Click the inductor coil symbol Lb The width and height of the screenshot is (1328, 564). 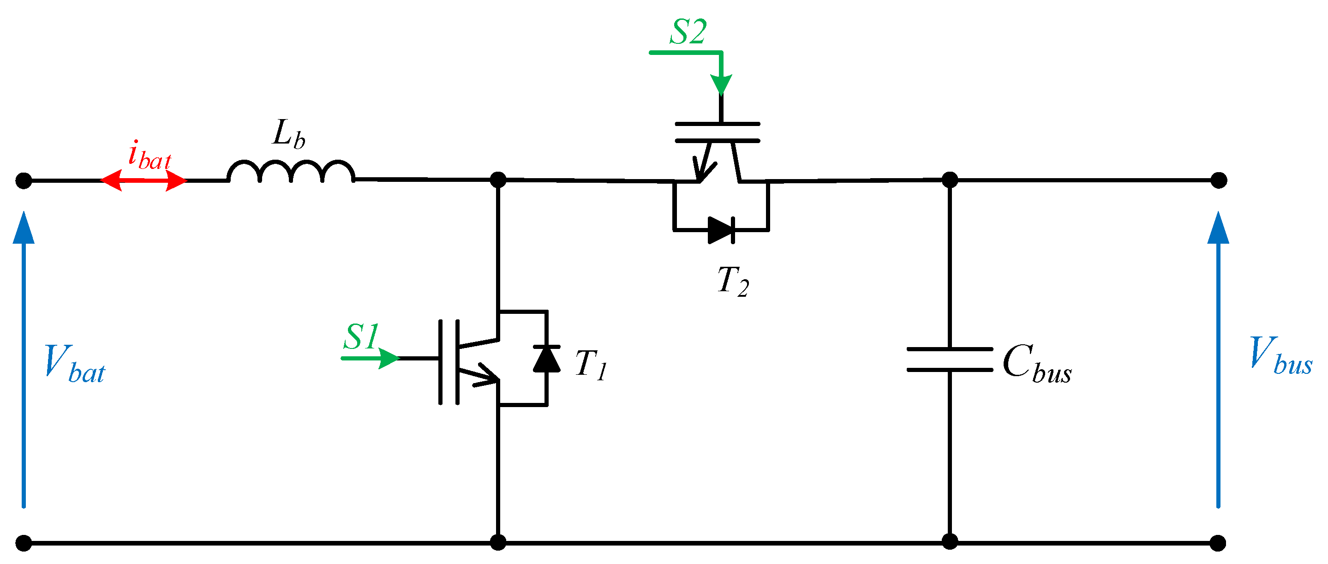point(291,172)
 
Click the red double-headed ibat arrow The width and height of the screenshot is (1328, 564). point(144,180)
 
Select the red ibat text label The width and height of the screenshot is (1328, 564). point(150,156)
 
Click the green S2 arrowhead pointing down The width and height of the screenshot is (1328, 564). point(721,84)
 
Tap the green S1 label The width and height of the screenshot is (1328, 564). point(361,336)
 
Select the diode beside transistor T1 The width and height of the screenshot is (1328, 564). point(546,359)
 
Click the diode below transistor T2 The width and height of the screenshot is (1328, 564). point(721,230)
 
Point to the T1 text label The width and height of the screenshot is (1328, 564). point(591,365)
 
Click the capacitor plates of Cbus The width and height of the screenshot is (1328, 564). point(950,360)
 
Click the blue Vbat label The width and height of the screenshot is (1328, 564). point(75,365)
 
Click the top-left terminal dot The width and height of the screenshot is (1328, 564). point(24,180)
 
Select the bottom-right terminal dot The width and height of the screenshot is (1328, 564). point(1218,543)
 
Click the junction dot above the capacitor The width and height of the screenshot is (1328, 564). point(950,180)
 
